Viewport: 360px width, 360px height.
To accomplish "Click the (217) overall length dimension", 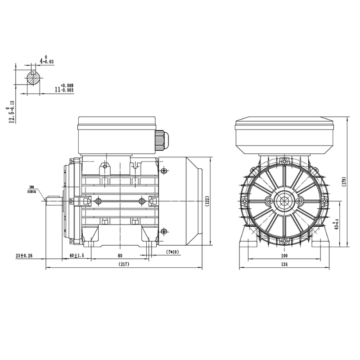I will pyautogui.click(x=124, y=265).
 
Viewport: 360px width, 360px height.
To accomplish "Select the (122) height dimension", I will pyautogui.click(x=207, y=201).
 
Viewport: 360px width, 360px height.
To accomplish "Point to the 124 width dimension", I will pyautogui.click(x=284, y=265).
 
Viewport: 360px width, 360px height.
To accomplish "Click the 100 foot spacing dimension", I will pyautogui.click(x=284, y=256).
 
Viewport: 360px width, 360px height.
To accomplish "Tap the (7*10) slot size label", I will pyautogui.click(x=172, y=251).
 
